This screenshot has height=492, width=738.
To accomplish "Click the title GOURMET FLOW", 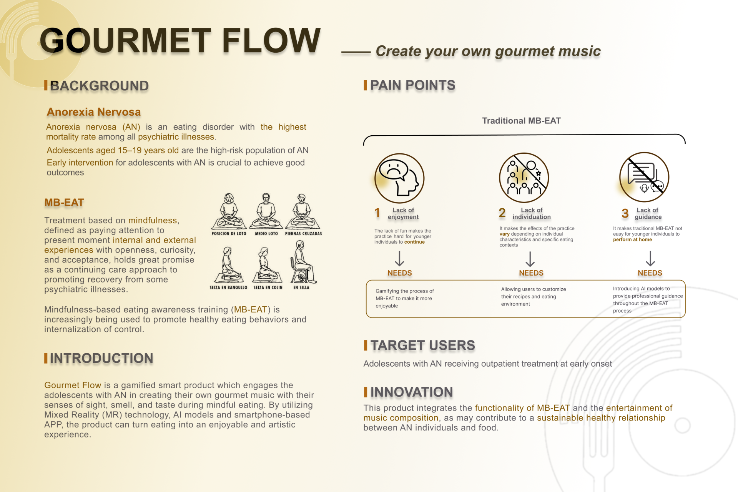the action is (180, 40).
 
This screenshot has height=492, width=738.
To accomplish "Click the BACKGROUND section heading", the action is (99, 86).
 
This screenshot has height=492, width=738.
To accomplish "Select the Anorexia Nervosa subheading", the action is (94, 112).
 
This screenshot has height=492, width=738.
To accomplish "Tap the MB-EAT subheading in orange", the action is (64, 203).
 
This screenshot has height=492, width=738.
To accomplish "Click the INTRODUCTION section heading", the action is (101, 358).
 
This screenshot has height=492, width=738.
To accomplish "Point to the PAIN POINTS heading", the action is (413, 85).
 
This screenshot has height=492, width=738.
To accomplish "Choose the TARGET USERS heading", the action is (423, 346).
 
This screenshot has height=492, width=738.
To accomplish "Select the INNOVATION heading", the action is (412, 392).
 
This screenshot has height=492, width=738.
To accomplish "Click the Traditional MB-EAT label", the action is (522, 121).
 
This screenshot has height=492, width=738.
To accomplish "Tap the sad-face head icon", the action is (399, 178).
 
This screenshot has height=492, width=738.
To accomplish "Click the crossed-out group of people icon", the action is (524, 178).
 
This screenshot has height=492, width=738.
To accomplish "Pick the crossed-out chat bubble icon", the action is (644, 177).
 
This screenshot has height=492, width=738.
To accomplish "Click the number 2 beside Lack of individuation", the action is (502, 213).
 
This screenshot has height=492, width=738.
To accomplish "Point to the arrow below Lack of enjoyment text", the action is (400, 259).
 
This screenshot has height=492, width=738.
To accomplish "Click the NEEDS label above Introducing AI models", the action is (650, 273).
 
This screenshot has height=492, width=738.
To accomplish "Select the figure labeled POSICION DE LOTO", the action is (229, 211).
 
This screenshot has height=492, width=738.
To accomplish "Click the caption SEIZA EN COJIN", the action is (268, 288).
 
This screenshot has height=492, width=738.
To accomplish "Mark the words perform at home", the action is (632, 239).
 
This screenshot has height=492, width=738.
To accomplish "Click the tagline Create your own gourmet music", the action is (488, 52).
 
